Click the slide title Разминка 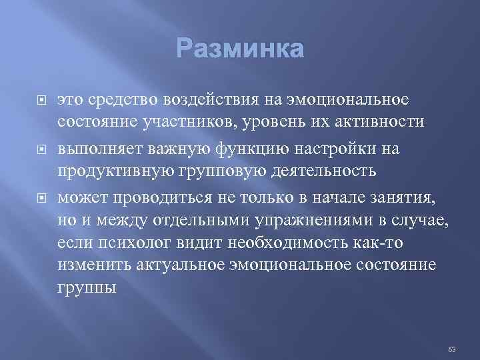[240, 50]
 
